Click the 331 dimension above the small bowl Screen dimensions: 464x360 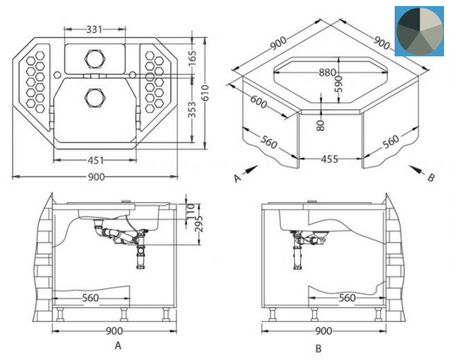coord(95,29)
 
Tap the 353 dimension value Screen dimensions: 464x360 coord(193,110)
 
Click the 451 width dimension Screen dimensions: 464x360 coord(96,160)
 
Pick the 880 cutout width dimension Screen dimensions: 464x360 coord(327,73)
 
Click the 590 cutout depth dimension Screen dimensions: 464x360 coord(339,84)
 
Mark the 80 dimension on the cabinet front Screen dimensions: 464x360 coord(321,125)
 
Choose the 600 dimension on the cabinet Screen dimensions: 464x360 coord(258,101)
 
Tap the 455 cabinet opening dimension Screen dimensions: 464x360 coord(330,160)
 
